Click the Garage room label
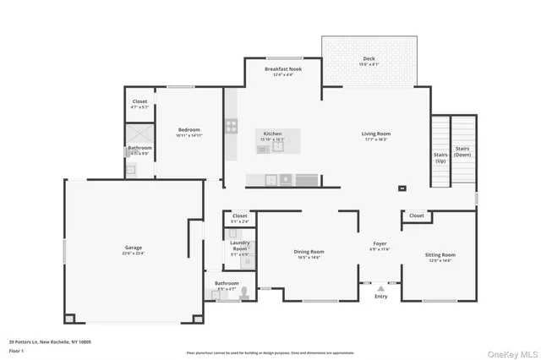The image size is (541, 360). pos(133,248)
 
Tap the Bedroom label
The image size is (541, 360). pos(189,129)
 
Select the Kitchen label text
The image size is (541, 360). pos(272,134)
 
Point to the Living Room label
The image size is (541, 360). pos(375,134)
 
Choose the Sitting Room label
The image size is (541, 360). pos(440,254)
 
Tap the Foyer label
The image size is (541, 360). pos(381,243)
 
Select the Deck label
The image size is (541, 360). pos(369,59)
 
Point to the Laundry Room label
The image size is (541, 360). pos(240,245)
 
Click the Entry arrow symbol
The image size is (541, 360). pos(380,289)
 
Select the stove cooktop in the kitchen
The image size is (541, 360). pos(231,127)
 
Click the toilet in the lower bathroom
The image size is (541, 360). pos(244,293)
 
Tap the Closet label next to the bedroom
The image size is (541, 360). pos(139,101)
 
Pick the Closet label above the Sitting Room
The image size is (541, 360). pos(416,215)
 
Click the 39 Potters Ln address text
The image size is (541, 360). pos(50,342)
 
